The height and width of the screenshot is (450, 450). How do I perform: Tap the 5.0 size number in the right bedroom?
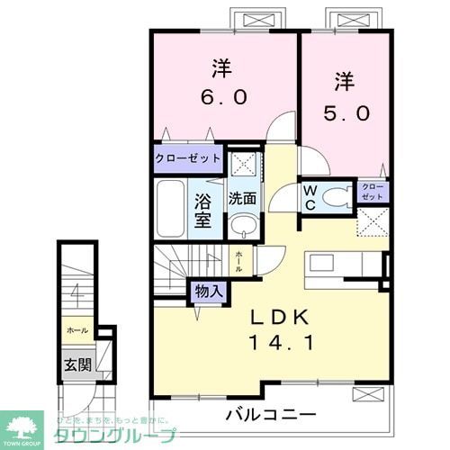pyautogui.click(x=342, y=115)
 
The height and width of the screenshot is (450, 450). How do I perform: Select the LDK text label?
pyautogui.click(x=279, y=317)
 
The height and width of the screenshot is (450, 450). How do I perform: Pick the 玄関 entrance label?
pyautogui.click(x=76, y=365)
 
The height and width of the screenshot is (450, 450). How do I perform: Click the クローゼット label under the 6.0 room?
pyautogui.click(x=188, y=159)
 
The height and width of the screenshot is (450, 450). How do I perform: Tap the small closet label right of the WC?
pyautogui.click(x=372, y=192)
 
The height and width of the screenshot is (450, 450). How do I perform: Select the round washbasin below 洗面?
pyautogui.click(x=240, y=226)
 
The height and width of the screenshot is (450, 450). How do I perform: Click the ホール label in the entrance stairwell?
pyautogui.click(x=76, y=330)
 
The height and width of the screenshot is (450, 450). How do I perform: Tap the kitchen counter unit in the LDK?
pyautogui.click(x=342, y=266)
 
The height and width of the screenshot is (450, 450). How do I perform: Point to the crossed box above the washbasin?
pyautogui.click(x=240, y=165)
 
